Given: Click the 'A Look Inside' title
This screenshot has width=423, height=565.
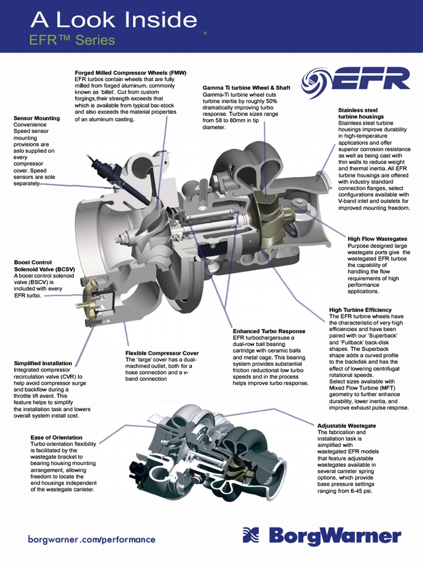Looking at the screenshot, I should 113,20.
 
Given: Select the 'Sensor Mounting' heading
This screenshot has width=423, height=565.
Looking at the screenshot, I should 36,118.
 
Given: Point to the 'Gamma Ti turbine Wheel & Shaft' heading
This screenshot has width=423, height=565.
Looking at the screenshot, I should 246,88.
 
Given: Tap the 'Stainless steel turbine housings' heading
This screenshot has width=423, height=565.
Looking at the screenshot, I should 361,114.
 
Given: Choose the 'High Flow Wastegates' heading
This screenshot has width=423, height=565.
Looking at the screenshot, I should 377,239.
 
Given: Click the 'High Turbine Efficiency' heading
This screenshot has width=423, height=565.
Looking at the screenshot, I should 360,310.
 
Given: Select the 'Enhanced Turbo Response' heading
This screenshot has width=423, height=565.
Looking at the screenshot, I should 269,331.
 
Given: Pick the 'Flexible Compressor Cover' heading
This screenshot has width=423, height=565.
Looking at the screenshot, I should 162,353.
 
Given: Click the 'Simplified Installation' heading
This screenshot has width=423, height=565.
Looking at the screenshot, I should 43,363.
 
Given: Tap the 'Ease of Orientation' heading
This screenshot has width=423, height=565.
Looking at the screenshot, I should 57,438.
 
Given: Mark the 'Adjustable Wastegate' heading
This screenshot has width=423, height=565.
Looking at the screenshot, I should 346,426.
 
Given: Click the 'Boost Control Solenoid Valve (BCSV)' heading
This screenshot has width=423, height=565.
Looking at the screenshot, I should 44,266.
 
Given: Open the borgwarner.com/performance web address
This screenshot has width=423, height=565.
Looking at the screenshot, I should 91,540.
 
